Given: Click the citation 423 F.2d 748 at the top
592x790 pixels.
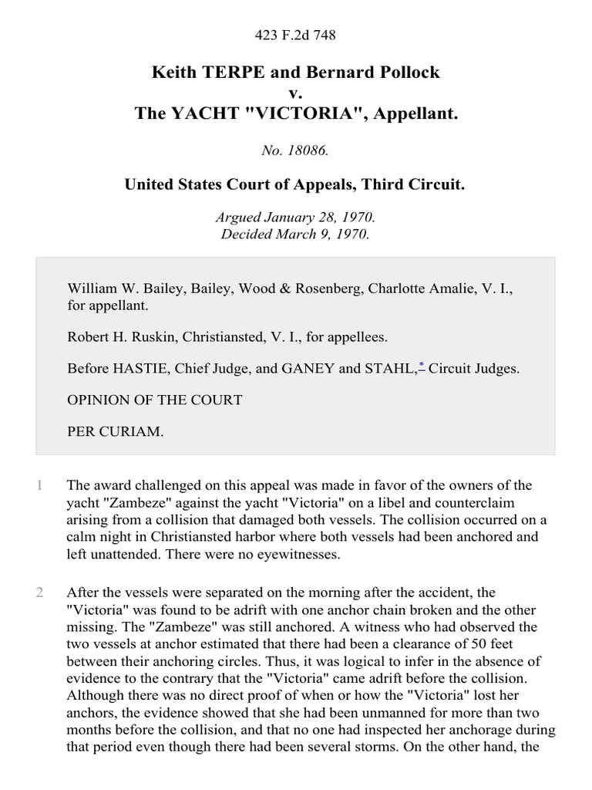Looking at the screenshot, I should pyautogui.click(x=295, y=35).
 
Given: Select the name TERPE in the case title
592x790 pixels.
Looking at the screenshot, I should pyautogui.click(x=224, y=73).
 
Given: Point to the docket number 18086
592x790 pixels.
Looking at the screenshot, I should pyautogui.click(x=308, y=151).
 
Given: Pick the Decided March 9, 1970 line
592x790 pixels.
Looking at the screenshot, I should pyautogui.click(x=295, y=235).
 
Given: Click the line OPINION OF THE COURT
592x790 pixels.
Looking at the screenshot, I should pyautogui.click(x=155, y=400).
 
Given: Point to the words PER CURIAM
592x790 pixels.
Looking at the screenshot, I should pyautogui.click(x=116, y=431).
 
